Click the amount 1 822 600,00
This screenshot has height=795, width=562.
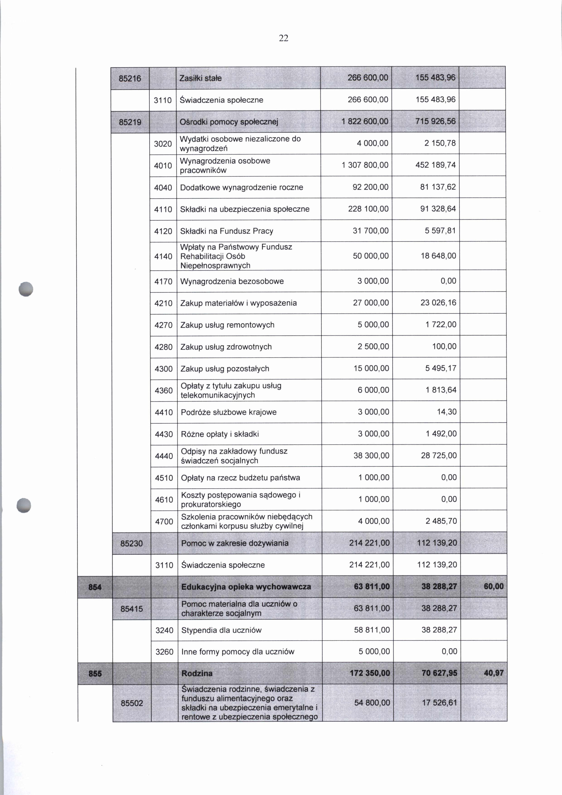click(x=365, y=122)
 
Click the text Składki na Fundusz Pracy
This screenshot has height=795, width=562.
click(x=227, y=231)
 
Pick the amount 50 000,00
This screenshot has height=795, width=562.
click(x=371, y=256)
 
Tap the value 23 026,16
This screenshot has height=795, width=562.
click(x=438, y=303)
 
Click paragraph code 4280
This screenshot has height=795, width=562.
click(x=163, y=347)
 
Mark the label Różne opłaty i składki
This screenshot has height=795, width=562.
click(x=220, y=434)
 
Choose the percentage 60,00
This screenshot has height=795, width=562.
click(x=494, y=586)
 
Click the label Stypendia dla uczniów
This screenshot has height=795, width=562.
click(x=221, y=630)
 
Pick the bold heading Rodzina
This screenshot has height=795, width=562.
click(x=197, y=673)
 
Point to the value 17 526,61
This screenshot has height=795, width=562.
click(x=439, y=703)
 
